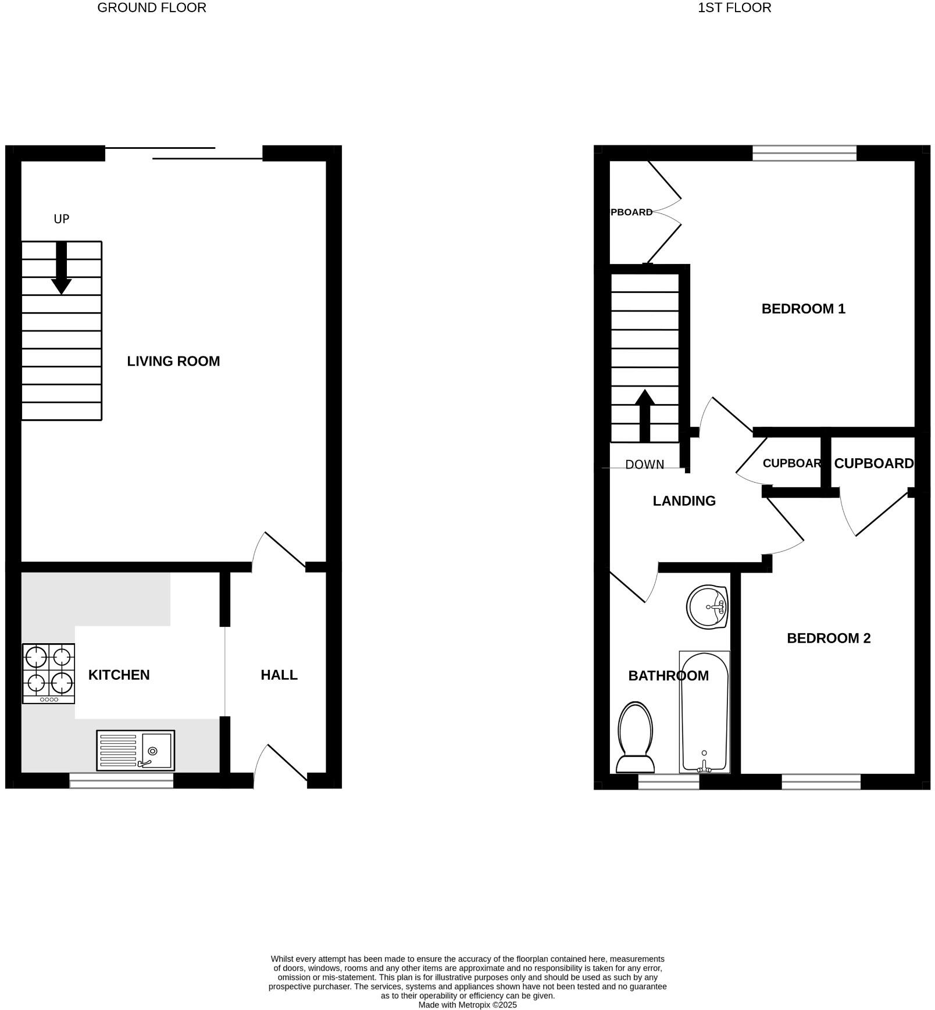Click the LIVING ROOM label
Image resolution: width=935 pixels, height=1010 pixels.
(x=173, y=361)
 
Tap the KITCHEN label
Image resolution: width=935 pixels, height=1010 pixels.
(x=119, y=674)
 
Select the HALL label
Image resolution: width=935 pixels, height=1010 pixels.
(x=279, y=674)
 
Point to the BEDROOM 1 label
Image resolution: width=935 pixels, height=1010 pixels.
(x=803, y=309)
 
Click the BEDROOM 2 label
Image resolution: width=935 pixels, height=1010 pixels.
(x=829, y=638)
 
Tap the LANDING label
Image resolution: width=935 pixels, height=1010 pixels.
(x=684, y=501)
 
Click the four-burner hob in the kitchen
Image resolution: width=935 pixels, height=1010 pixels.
(x=49, y=673)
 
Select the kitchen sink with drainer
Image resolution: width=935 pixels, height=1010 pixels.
(x=135, y=750)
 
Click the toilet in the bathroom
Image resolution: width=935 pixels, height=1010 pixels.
(x=635, y=737)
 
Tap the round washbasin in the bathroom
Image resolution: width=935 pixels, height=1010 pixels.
(x=707, y=607)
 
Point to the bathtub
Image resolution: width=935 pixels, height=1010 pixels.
(x=704, y=712)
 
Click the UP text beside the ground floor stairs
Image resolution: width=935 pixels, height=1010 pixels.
(x=62, y=219)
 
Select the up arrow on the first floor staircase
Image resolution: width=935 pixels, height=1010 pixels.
(x=644, y=415)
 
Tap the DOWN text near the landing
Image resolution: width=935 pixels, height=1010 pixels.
(x=644, y=464)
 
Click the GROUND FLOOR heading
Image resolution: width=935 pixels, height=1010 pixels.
(x=151, y=8)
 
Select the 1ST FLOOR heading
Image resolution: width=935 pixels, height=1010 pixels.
(x=734, y=8)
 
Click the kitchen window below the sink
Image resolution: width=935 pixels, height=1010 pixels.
(x=121, y=780)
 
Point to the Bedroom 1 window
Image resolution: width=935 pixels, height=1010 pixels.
(x=804, y=153)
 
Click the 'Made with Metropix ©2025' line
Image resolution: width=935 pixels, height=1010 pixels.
(x=467, y=1004)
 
